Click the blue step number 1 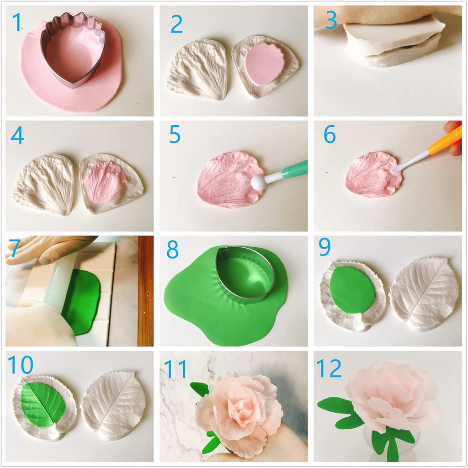point(17,22)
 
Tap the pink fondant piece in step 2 point(264,64)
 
